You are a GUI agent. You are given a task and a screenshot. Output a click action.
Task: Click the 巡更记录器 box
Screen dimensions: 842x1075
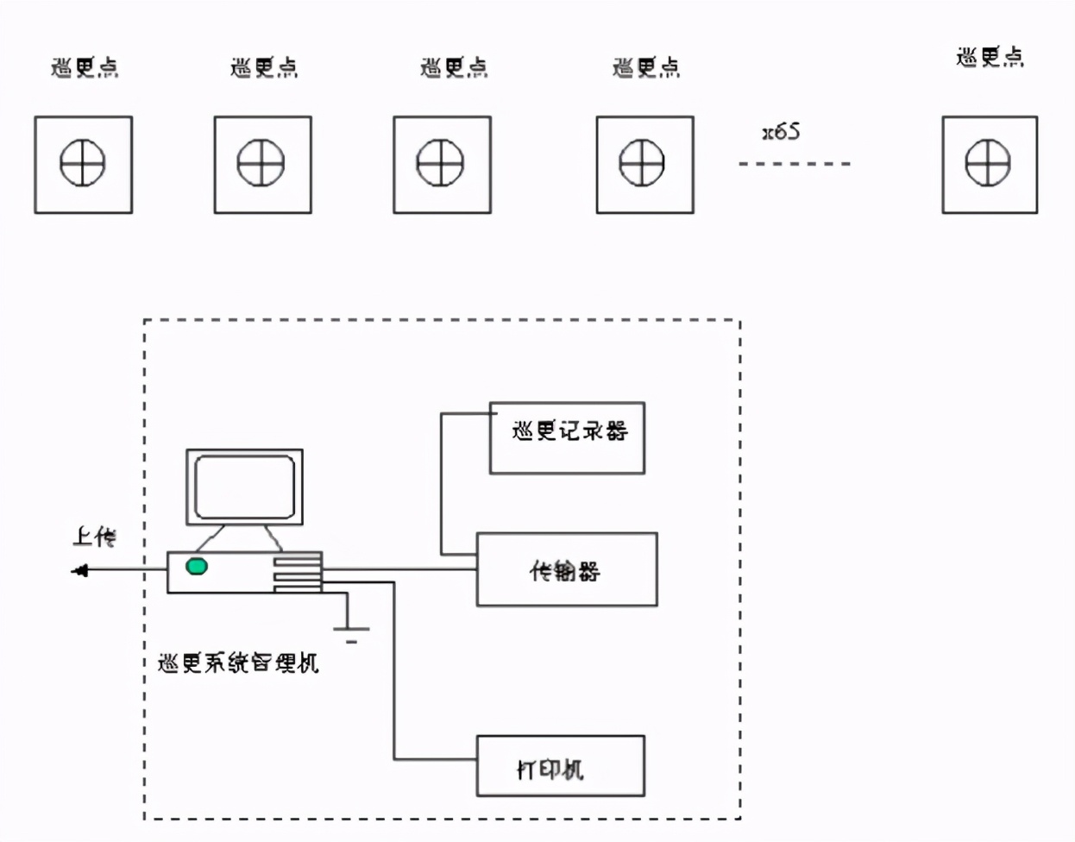(567, 437)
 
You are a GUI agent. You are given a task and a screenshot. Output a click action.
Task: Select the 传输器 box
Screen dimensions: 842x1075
(567, 569)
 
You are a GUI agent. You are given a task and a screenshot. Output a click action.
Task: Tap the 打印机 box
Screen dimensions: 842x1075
(560, 766)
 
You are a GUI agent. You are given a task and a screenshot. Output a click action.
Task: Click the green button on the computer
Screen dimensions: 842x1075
(197, 567)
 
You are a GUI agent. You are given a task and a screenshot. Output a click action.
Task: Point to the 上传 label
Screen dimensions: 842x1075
(94, 537)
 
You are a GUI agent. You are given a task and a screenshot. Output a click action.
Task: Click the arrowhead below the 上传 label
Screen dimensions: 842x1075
(80, 570)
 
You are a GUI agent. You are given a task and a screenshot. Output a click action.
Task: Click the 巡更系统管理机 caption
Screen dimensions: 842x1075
(239, 663)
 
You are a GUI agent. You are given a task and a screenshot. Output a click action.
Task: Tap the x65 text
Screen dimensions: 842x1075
(781, 132)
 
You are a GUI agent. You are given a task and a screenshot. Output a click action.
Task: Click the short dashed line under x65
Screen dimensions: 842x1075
(794, 163)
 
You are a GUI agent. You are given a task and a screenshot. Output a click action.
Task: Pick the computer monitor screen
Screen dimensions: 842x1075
(245, 487)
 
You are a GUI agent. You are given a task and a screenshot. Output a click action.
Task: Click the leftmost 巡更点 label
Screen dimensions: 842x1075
(85, 67)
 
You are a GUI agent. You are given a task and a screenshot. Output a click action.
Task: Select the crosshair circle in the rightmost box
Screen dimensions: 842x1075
(988, 163)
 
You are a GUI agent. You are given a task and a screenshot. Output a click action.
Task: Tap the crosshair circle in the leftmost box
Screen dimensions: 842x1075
(83, 163)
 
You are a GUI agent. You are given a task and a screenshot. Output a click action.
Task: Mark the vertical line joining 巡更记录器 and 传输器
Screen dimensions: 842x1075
(441, 483)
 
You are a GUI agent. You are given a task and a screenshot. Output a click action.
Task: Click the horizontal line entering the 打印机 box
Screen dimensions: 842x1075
(435, 759)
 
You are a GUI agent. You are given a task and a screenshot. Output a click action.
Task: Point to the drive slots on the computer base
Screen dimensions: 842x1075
(298, 573)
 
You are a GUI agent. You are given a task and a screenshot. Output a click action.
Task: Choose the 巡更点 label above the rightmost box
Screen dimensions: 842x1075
(990, 57)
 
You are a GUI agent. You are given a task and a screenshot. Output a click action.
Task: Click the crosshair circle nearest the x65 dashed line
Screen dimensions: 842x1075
(642, 163)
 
